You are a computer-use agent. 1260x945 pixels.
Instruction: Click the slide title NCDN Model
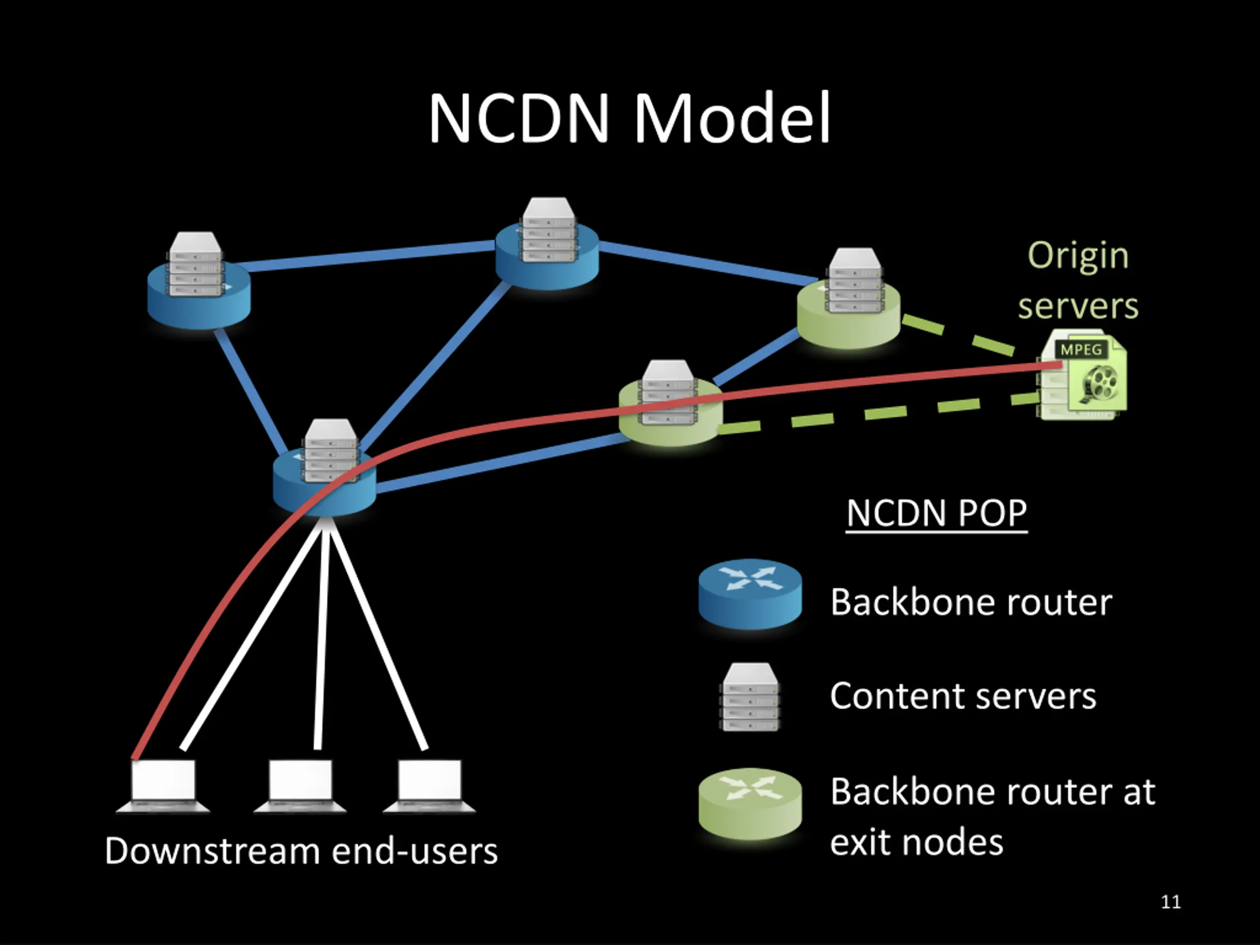click(629, 118)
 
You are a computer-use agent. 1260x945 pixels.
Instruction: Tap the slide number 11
click(1170, 902)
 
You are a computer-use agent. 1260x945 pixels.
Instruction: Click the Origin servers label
click(1078, 280)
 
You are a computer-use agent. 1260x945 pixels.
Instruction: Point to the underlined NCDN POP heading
click(937, 513)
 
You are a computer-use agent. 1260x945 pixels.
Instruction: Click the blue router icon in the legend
click(750, 594)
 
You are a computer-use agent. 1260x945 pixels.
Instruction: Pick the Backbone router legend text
click(971, 602)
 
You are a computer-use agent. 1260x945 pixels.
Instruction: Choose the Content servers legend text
click(963, 696)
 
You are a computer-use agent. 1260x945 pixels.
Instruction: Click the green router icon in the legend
click(750, 803)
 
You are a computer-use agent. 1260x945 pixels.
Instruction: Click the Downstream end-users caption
click(301, 851)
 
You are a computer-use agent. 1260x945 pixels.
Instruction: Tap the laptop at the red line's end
click(163, 786)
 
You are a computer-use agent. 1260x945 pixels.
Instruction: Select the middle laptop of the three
click(300, 786)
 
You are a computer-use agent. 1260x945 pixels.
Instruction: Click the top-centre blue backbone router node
click(547, 251)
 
